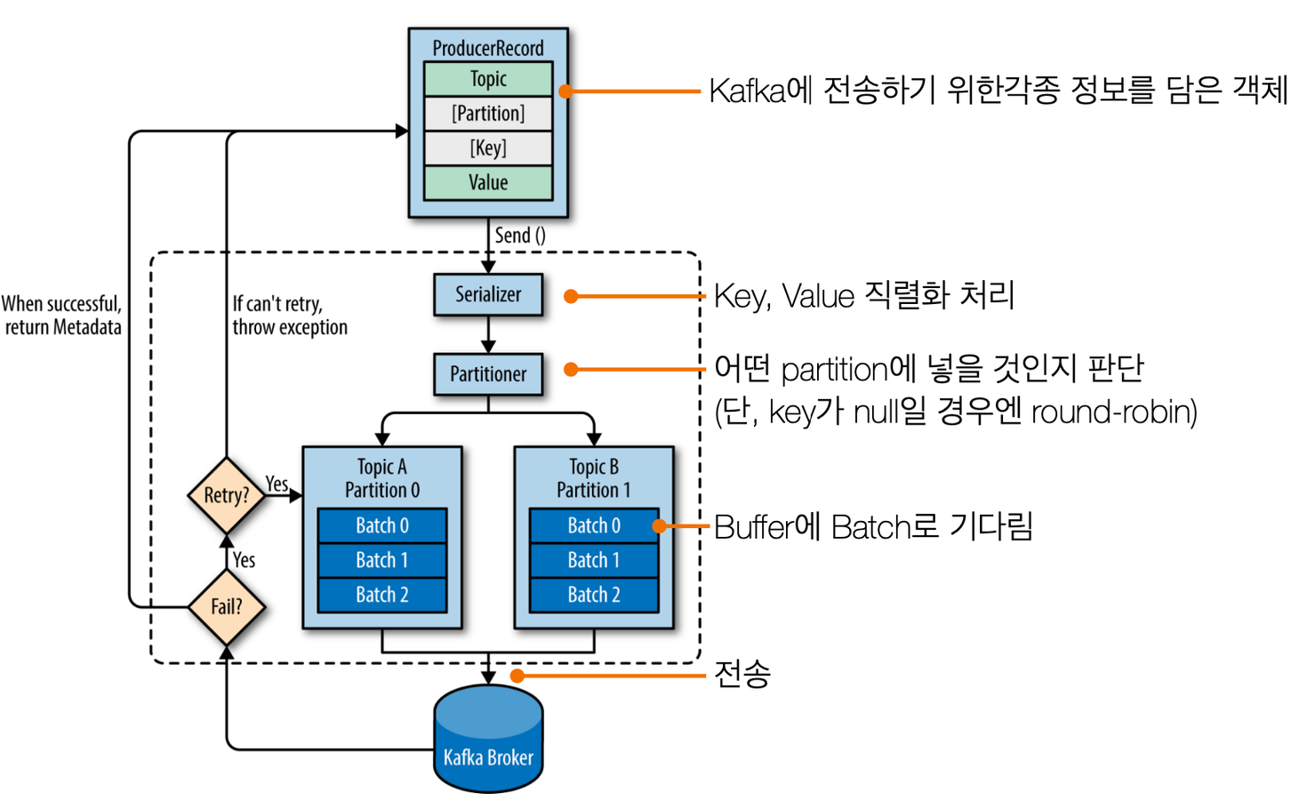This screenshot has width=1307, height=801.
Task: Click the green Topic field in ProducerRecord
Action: click(488, 79)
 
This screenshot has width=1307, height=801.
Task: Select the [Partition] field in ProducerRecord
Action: click(488, 113)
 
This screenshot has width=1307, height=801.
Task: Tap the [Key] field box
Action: click(488, 148)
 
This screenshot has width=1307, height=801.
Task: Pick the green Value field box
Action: click(488, 182)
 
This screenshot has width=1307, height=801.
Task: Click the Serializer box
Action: click(488, 294)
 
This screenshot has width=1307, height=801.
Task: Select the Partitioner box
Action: click(488, 374)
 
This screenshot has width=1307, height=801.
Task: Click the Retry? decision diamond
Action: click(227, 495)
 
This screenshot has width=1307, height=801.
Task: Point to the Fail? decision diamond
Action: click(227, 606)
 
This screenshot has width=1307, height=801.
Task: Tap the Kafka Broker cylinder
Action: click(488, 739)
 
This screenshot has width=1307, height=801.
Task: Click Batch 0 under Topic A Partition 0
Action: click(382, 525)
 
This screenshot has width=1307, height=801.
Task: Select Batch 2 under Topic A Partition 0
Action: click(382, 595)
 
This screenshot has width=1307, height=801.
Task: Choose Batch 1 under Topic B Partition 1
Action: click(594, 560)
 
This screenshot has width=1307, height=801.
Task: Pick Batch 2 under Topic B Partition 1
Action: click(594, 595)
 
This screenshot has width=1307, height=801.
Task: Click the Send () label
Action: click(520, 236)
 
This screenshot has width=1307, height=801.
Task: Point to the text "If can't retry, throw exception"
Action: click(290, 316)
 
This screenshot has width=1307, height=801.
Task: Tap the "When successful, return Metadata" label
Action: click(62, 316)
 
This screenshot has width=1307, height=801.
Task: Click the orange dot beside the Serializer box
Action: click(571, 296)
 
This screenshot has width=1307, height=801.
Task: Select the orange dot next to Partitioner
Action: click(571, 369)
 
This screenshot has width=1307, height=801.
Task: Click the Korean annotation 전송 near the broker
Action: click(742, 675)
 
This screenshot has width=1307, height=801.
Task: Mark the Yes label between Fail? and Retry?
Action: click(244, 560)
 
